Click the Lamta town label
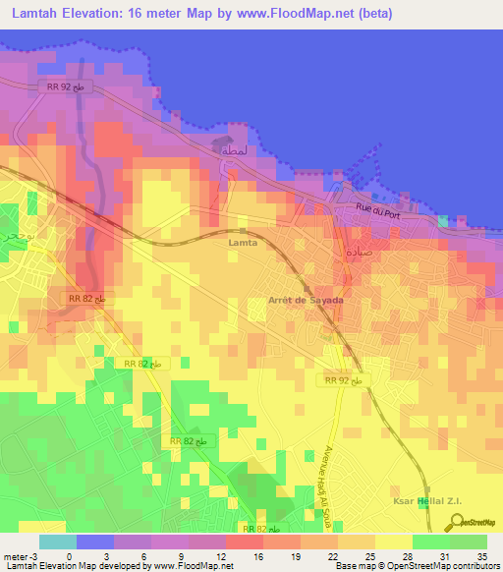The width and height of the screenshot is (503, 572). [242, 241]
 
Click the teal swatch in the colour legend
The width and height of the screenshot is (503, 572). [58, 542]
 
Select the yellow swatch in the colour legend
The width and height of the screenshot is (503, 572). [393, 542]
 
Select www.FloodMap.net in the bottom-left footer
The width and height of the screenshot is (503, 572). [191, 566]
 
